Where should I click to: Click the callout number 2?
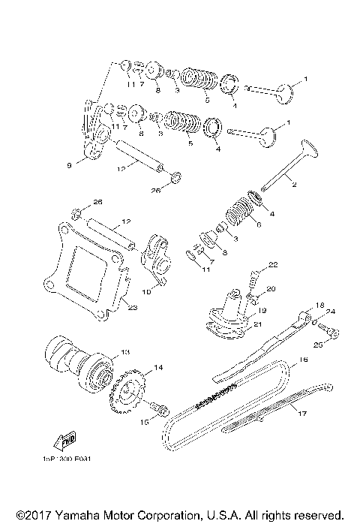click(295, 185)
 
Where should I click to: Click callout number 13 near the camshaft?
click(125, 351)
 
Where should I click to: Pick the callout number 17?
click(302, 412)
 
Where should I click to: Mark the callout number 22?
click(274, 264)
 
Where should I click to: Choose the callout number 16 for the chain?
click(304, 360)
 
